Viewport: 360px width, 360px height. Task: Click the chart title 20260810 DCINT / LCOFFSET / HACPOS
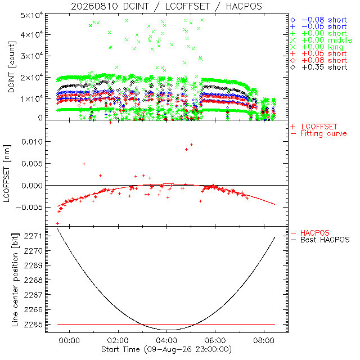coord(166,6)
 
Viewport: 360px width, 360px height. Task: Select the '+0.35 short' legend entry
coord(319,67)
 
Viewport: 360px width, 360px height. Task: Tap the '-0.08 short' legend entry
coord(319,20)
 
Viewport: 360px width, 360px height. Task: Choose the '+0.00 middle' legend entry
coord(321,40)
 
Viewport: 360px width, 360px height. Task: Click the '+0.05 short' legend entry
coord(319,53)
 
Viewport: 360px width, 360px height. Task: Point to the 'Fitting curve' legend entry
coord(319,133)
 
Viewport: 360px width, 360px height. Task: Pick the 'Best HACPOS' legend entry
coord(320,240)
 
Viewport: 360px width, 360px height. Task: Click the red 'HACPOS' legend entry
coord(310,233)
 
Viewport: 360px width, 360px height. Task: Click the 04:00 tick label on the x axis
coord(166,340)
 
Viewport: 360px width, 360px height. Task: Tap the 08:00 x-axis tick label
coord(264,340)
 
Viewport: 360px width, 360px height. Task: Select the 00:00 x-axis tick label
coord(69,340)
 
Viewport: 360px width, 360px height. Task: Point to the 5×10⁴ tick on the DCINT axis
coord(31,16)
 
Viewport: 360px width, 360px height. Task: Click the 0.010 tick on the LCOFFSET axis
coord(32,142)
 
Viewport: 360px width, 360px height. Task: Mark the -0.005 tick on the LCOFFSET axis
coord(29,208)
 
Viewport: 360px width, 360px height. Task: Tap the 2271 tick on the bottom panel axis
coord(33,236)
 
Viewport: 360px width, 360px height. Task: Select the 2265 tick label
coord(33,324)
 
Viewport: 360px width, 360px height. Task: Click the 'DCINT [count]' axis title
coord(12,67)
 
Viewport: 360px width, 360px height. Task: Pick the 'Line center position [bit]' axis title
coord(15,280)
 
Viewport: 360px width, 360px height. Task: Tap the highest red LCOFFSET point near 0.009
coord(191,145)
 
